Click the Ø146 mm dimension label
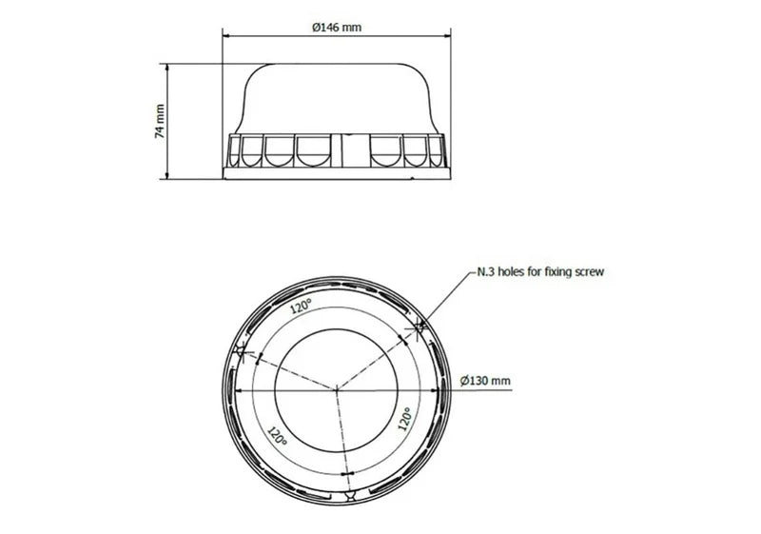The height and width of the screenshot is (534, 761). [337, 28]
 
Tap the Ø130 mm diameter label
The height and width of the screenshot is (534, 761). [484, 380]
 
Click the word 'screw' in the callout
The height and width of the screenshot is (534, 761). [586, 271]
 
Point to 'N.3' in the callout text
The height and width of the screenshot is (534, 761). [485, 271]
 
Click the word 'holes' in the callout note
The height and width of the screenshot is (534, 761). [512, 271]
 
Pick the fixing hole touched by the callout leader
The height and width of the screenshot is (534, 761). [419, 327]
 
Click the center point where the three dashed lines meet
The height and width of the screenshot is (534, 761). [336, 387]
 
